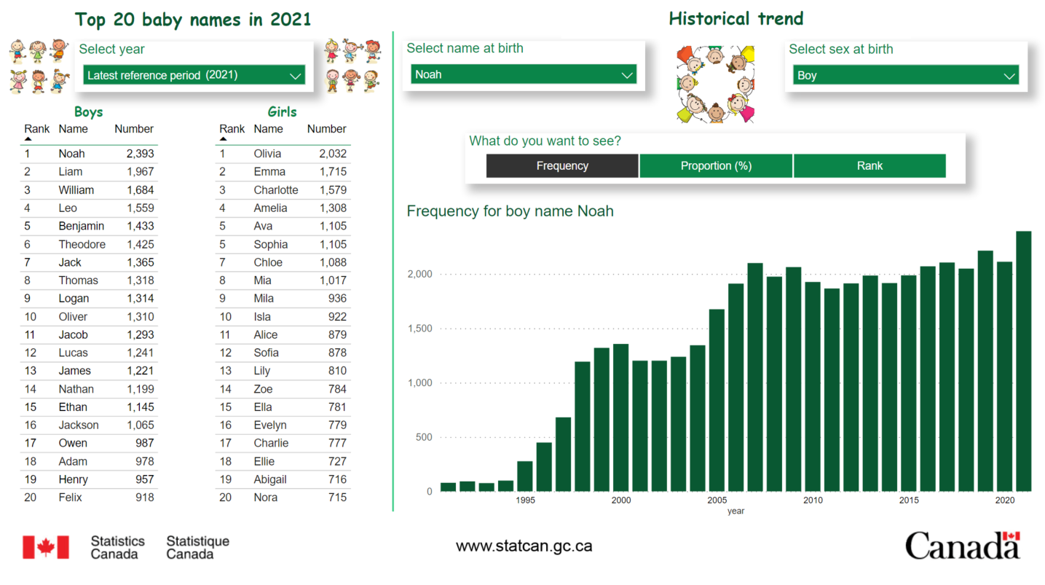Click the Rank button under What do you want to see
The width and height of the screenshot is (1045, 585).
click(869, 166)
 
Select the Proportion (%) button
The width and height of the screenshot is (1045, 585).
click(716, 166)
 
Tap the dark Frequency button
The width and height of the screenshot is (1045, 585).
click(562, 166)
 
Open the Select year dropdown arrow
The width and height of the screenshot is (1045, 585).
click(295, 76)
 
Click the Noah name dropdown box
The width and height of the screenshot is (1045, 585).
click(524, 75)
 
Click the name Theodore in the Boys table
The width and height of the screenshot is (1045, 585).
click(82, 244)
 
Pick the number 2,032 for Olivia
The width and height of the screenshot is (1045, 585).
click(333, 154)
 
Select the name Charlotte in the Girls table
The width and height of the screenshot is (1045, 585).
click(276, 190)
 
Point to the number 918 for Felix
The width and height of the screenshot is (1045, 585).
click(145, 498)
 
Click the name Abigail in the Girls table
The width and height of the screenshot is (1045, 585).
click(270, 479)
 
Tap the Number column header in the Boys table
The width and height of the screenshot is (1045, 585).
click(134, 129)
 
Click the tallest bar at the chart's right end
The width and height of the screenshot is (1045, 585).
click(1024, 361)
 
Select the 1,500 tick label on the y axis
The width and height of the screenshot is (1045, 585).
click(420, 329)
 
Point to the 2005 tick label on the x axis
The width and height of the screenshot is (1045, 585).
click(717, 500)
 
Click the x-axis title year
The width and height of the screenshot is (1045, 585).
click(736, 511)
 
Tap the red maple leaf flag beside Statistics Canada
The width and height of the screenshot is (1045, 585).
click(46, 547)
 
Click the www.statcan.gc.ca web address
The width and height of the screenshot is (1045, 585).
click(524, 546)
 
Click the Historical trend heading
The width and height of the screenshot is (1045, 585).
click(736, 19)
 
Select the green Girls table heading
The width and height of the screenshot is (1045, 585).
click(282, 111)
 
